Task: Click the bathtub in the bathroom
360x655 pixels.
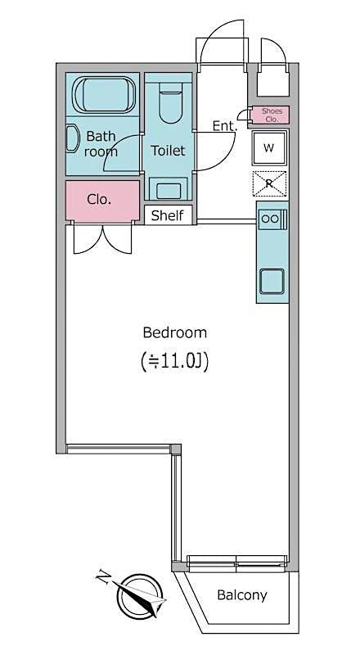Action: (104, 96)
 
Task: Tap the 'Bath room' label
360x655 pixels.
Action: (101, 143)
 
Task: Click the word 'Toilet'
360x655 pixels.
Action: (168, 151)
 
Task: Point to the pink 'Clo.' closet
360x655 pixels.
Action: (100, 199)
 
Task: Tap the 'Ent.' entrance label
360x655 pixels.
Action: (224, 125)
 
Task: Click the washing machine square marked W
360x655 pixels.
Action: (269, 148)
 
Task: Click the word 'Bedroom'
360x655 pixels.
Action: (174, 332)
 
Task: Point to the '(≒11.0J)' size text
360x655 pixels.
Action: (174, 360)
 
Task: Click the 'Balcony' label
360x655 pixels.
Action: (241, 595)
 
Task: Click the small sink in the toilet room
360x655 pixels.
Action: (169, 190)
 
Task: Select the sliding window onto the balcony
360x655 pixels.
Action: (236, 562)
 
